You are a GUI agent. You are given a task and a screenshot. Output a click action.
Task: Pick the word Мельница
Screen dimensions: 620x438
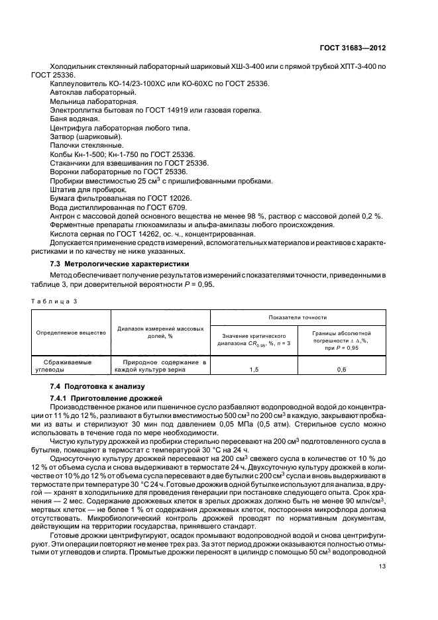(x=67, y=101)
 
